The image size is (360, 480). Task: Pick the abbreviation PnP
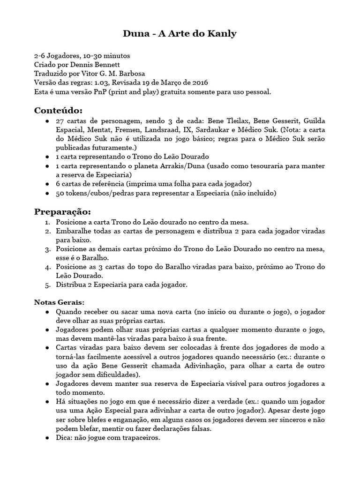(x=99, y=92)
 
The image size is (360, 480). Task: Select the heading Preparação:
(x=62, y=211)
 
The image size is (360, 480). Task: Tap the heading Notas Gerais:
(x=60, y=302)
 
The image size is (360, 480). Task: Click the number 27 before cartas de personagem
(x=60, y=121)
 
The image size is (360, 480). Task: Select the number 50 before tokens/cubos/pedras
(x=60, y=193)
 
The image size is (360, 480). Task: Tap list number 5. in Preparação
(x=48, y=285)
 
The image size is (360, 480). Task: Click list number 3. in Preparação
(x=48, y=249)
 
